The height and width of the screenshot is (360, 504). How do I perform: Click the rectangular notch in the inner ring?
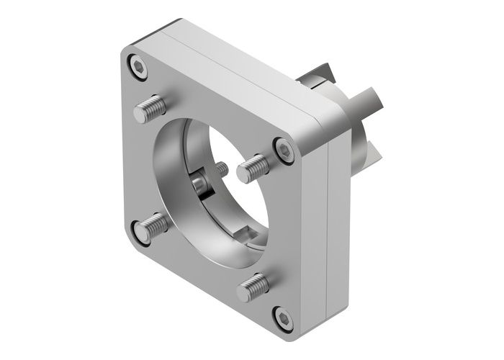pyautogui.click(x=243, y=235)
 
